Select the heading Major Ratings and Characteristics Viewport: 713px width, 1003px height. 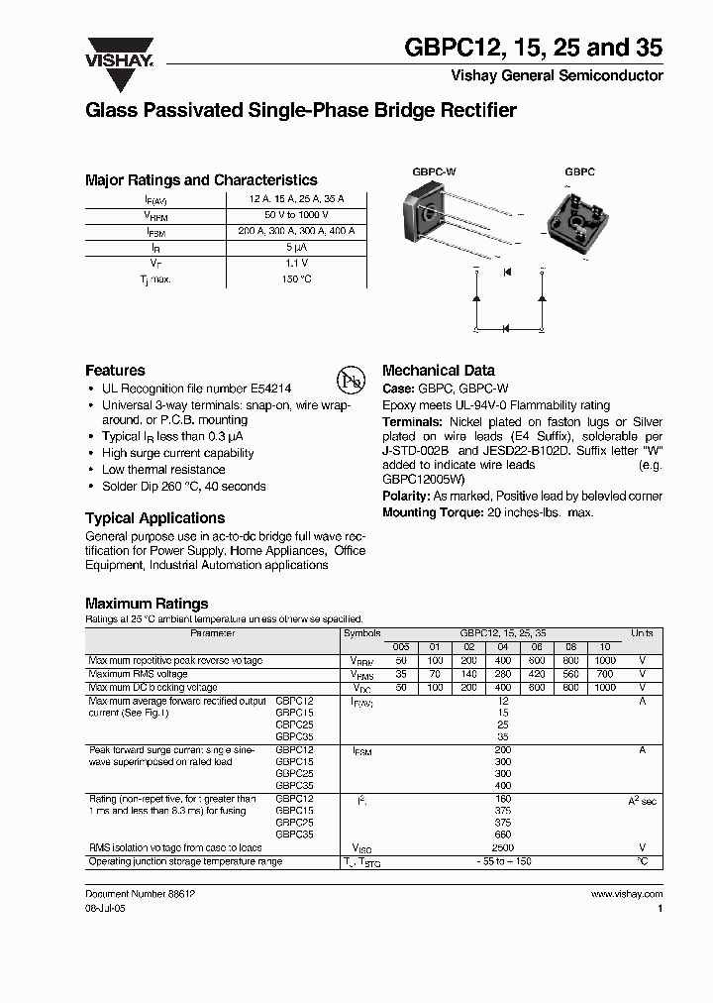[x=201, y=180]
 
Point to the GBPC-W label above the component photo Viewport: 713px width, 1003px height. [x=434, y=171]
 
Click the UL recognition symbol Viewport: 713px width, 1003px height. [x=350, y=382]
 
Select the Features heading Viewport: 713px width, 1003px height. [x=115, y=371]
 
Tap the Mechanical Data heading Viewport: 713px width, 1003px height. [x=438, y=371]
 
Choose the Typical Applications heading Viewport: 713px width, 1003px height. [x=154, y=518]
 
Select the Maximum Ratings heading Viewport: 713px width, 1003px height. [x=147, y=603]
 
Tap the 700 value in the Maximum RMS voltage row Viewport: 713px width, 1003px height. [x=605, y=674]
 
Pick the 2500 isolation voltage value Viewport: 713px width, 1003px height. [x=504, y=847]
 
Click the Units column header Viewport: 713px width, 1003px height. [x=642, y=631]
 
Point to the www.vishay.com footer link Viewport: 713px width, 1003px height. [x=626, y=893]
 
